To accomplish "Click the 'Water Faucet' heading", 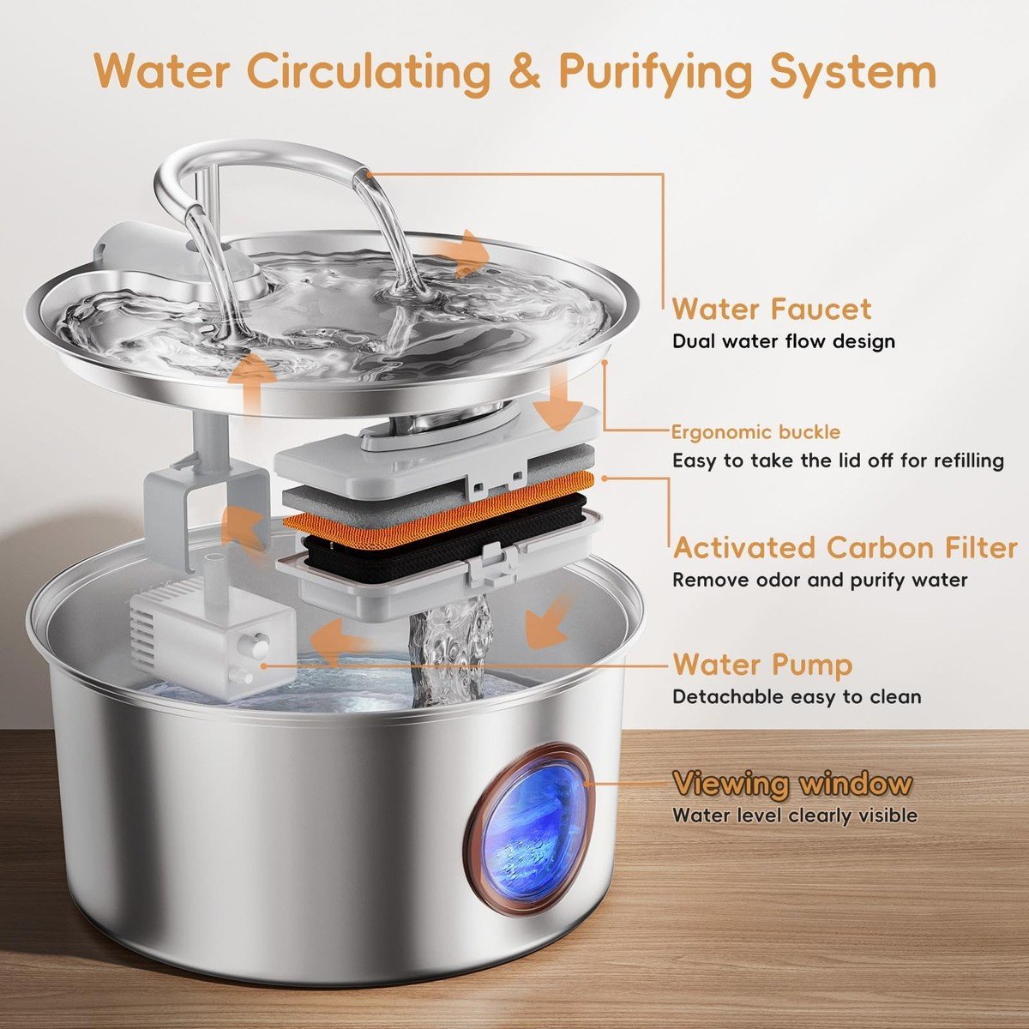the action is (x=772, y=310).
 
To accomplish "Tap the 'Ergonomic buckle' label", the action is (x=755, y=432).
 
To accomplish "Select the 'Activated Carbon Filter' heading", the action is (x=845, y=549).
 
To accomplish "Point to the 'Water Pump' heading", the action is (x=762, y=665).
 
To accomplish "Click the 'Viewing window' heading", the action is (x=792, y=784).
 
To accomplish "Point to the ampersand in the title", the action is (x=525, y=71).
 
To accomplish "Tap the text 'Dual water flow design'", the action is (x=784, y=342).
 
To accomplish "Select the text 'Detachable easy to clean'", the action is (x=797, y=697).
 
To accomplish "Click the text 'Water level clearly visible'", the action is (x=795, y=815).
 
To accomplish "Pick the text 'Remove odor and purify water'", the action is (x=820, y=580).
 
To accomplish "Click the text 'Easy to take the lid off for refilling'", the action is (x=838, y=460).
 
